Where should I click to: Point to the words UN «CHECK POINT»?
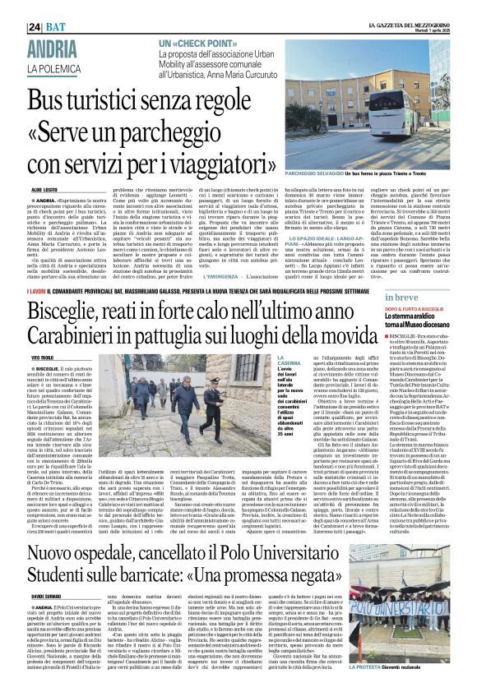click(194, 43)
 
